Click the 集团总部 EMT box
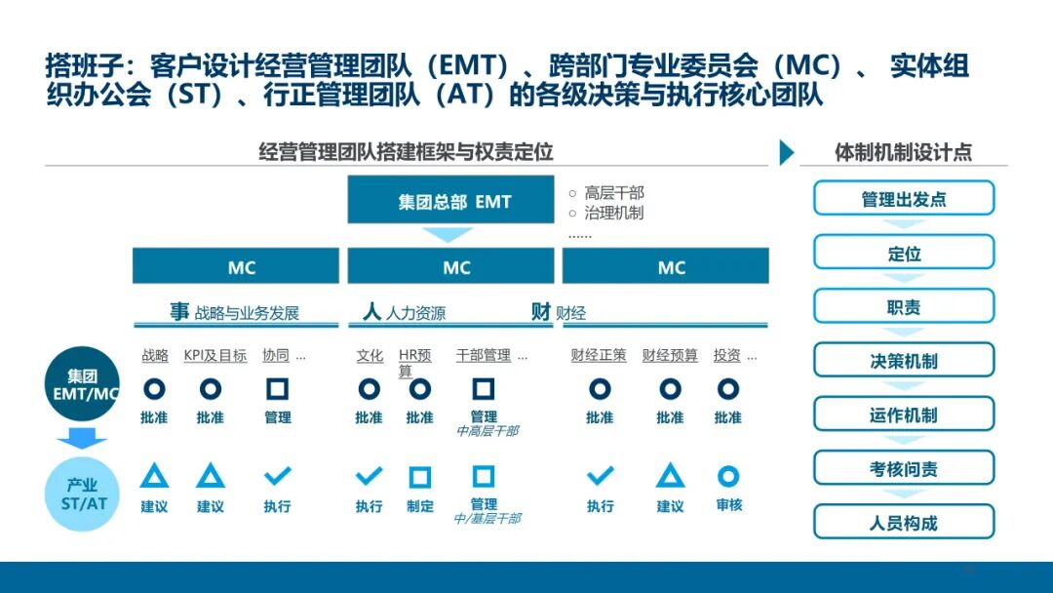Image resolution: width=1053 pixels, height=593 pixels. point(454,202)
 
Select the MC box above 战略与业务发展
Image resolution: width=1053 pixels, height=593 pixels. point(242,267)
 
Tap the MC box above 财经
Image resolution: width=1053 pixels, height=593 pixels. point(672,267)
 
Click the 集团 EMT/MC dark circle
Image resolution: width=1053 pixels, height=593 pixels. point(83,384)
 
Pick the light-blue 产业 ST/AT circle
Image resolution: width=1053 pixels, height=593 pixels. point(83,494)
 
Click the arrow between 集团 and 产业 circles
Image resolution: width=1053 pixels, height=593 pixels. point(82,440)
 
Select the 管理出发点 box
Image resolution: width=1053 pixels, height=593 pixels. point(904,199)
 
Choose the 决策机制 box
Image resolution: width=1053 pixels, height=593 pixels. point(904,361)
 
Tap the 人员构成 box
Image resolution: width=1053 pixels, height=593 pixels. point(904,522)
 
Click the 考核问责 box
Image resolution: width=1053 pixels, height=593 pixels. point(904,468)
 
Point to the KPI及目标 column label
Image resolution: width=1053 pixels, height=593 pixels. point(215,356)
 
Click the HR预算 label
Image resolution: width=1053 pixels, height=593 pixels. point(413,362)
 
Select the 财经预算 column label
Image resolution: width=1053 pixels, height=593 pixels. point(670,356)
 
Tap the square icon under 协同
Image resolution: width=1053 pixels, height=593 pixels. point(278,389)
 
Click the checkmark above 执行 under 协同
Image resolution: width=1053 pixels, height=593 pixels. point(278,476)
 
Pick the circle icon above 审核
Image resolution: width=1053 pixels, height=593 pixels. point(728,476)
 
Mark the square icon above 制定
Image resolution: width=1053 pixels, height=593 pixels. point(420,477)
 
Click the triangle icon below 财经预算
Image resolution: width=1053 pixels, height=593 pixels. point(670,476)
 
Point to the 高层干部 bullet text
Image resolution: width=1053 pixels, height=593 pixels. point(613,193)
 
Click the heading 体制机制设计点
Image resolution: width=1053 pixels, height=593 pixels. point(903,152)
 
